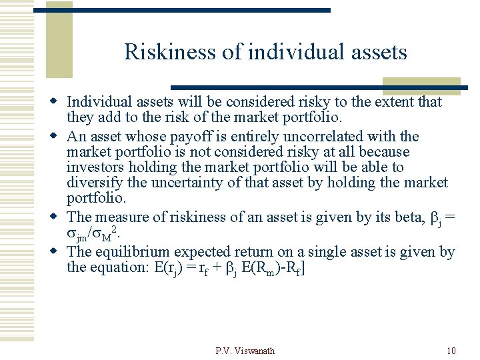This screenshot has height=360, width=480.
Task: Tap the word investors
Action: pos(95,168)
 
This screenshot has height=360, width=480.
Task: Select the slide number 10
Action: pos(451,351)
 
